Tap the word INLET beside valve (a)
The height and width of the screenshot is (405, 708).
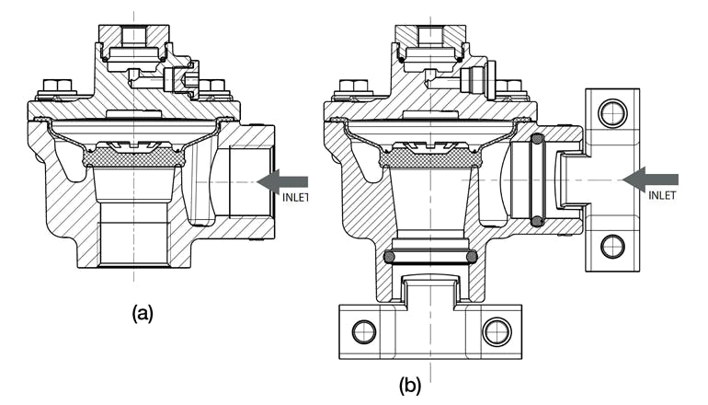point(297,198)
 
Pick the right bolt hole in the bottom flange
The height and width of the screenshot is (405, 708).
point(497,330)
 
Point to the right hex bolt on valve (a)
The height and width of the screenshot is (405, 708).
point(213,88)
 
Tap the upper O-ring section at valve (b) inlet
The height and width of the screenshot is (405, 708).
point(538,139)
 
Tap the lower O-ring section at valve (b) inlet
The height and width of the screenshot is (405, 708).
point(538,221)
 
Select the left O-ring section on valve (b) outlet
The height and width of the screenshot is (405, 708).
point(389,256)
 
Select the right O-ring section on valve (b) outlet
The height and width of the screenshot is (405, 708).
point(471,256)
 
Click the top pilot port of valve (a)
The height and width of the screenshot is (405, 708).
point(134,36)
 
